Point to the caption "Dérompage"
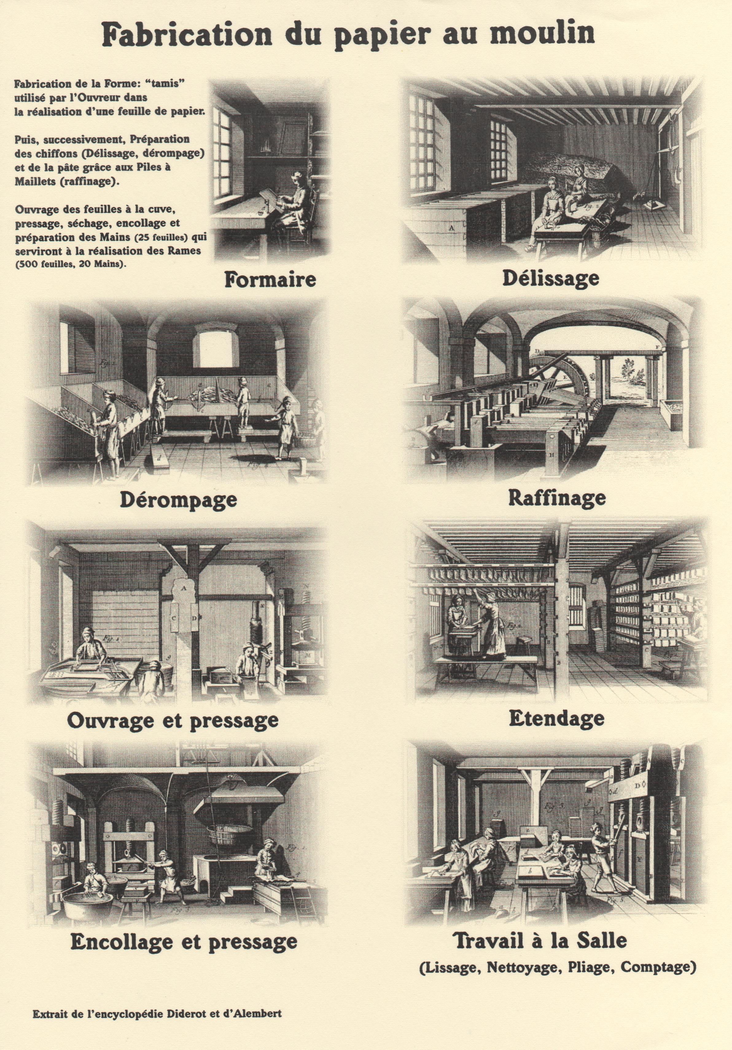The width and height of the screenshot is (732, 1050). (x=178, y=500)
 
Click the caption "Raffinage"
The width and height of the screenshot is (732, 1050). (x=557, y=498)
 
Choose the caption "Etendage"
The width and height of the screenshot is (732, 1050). (x=556, y=718)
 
